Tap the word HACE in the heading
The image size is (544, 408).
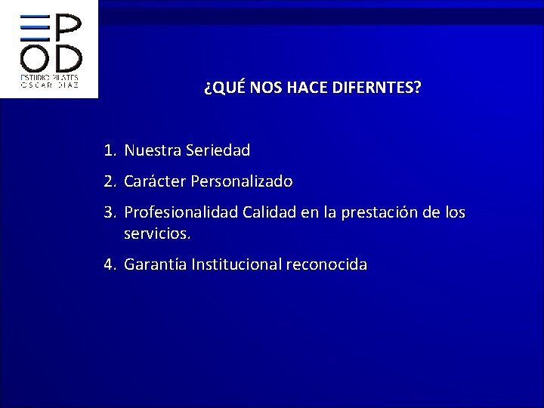(x=306, y=88)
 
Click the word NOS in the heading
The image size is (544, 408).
(x=263, y=88)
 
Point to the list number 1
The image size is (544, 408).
(x=110, y=151)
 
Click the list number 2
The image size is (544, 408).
(x=110, y=182)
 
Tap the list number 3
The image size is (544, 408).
(x=110, y=213)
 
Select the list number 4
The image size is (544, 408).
(x=110, y=264)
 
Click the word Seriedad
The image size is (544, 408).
(x=215, y=151)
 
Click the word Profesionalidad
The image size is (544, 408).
(x=181, y=213)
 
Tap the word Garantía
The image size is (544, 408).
(x=155, y=264)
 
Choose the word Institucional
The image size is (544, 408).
(x=236, y=264)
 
